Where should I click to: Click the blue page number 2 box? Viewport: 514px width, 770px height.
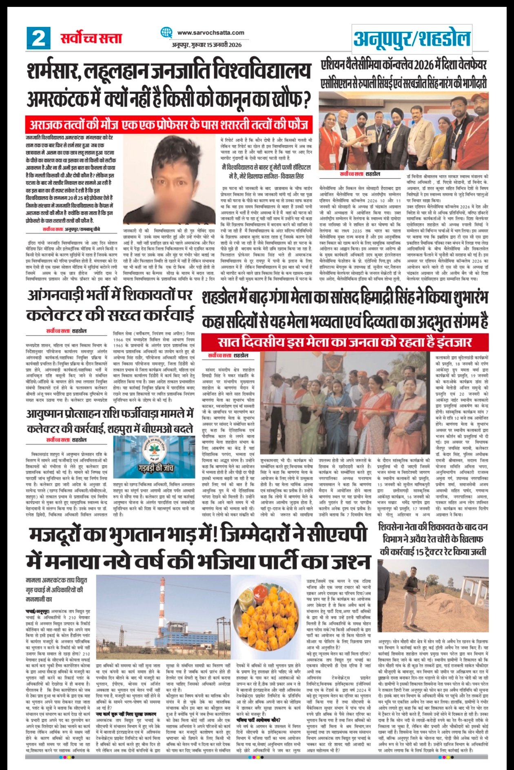click(x=39, y=38)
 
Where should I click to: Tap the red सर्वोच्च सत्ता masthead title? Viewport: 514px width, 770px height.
click(x=91, y=38)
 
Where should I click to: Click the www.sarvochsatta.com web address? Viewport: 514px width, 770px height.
click(x=210, y=33)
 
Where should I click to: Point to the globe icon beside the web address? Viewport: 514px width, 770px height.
click(x=166, y=33)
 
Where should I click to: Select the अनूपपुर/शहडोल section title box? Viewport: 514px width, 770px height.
click(x=412, y=38)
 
